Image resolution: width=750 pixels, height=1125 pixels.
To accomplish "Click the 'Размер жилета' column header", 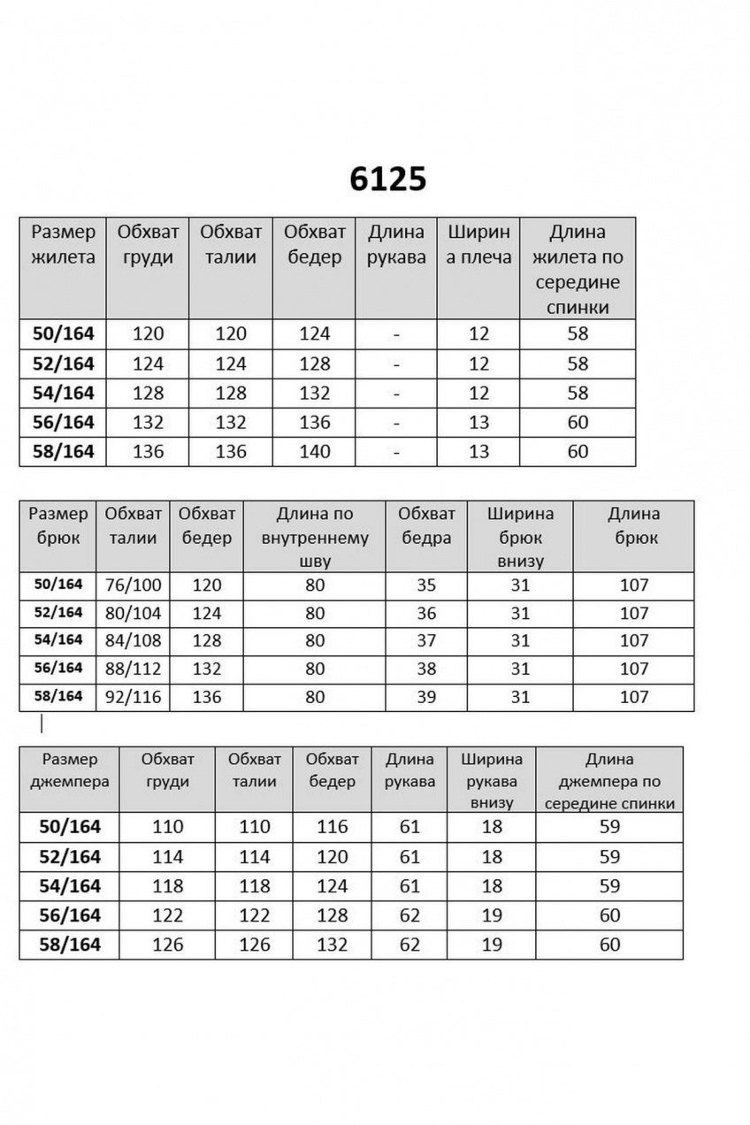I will [63, 245].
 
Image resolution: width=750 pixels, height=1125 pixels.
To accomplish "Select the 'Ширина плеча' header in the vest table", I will [479, 245].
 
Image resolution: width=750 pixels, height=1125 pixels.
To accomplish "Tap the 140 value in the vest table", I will [315, 452].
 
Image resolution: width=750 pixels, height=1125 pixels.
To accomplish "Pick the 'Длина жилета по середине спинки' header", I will [578, 270].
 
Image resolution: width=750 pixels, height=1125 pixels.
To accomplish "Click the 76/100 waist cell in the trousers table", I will [133, 585].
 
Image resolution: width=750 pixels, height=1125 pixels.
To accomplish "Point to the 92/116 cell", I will [133, 697].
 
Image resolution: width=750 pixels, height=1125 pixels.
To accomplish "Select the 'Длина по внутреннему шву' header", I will [315, 537].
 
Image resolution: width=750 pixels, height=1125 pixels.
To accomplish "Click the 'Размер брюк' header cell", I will [58, 525].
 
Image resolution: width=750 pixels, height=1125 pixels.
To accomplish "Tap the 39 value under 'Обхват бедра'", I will [426, 697].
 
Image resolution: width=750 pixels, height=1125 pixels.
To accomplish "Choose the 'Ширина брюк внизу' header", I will [521, 537].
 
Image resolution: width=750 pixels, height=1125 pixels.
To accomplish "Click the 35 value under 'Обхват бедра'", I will [426, 585].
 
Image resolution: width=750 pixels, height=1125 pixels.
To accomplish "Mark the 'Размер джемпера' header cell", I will [69, 770].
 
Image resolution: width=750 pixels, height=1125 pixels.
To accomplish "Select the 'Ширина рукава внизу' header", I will [493, 781].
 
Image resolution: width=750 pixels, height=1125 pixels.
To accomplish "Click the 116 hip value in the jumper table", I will [333, 827].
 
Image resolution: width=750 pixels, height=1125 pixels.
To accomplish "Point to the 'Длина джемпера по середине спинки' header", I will [609, 781].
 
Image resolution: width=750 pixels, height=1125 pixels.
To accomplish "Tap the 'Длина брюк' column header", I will [633, 525].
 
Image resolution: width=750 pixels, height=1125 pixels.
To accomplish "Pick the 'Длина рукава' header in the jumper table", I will [409, 770].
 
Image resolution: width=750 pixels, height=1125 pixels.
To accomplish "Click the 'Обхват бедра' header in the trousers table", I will [426, 525].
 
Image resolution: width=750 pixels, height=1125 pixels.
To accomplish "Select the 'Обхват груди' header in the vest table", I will [148, 245].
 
